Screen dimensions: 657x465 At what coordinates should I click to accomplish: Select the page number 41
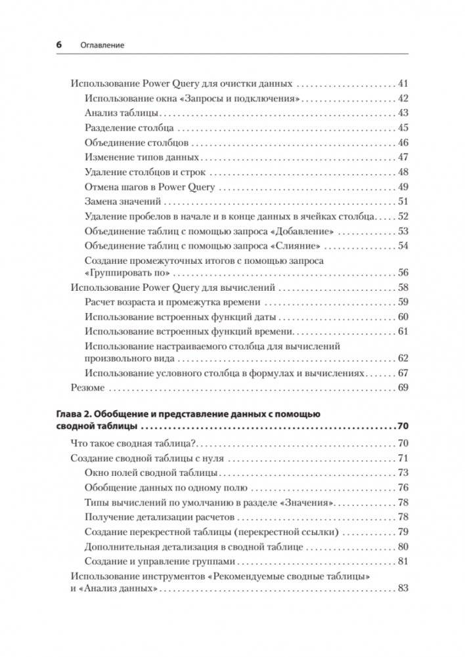tap(403, 84)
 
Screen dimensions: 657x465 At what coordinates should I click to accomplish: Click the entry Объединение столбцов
tap(137, 142)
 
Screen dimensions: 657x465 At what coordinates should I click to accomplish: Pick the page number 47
tap(403, 156)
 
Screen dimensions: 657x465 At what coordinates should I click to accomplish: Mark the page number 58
tap(403, 287)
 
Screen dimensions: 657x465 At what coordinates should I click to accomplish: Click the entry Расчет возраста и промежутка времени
tap(173, 302)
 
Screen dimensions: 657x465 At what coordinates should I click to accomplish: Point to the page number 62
tap(403, 358)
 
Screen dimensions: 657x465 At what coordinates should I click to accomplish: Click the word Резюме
tap(87, 388)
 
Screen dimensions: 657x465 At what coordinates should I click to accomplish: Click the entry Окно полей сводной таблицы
tap(152, 473)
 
